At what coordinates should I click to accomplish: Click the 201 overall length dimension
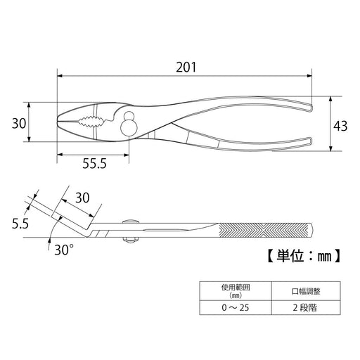[186, 67]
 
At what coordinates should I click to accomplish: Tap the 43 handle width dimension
[340, 126]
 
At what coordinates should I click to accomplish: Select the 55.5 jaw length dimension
[94, 163]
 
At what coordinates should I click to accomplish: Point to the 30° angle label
[64, 250]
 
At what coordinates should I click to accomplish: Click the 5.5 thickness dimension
[20, 224]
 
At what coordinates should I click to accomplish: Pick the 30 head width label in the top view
[19, 123]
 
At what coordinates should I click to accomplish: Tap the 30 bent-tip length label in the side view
[82, 198]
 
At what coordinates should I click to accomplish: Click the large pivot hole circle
[129, 127]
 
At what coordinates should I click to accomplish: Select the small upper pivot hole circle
[129, 116]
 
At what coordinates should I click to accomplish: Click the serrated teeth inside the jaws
[91, 122]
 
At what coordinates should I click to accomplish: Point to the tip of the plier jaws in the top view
[58, 120]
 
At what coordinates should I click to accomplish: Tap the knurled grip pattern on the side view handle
[263, 230]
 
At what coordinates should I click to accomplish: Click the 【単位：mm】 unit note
[304, 255]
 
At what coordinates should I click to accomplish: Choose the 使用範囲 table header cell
[236, 291]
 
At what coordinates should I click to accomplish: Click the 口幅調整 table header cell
[306, 291]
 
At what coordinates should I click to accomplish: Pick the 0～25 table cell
[236, 307]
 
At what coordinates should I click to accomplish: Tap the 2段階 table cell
[306, 307]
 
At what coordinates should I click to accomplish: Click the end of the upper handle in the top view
[311, 108]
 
